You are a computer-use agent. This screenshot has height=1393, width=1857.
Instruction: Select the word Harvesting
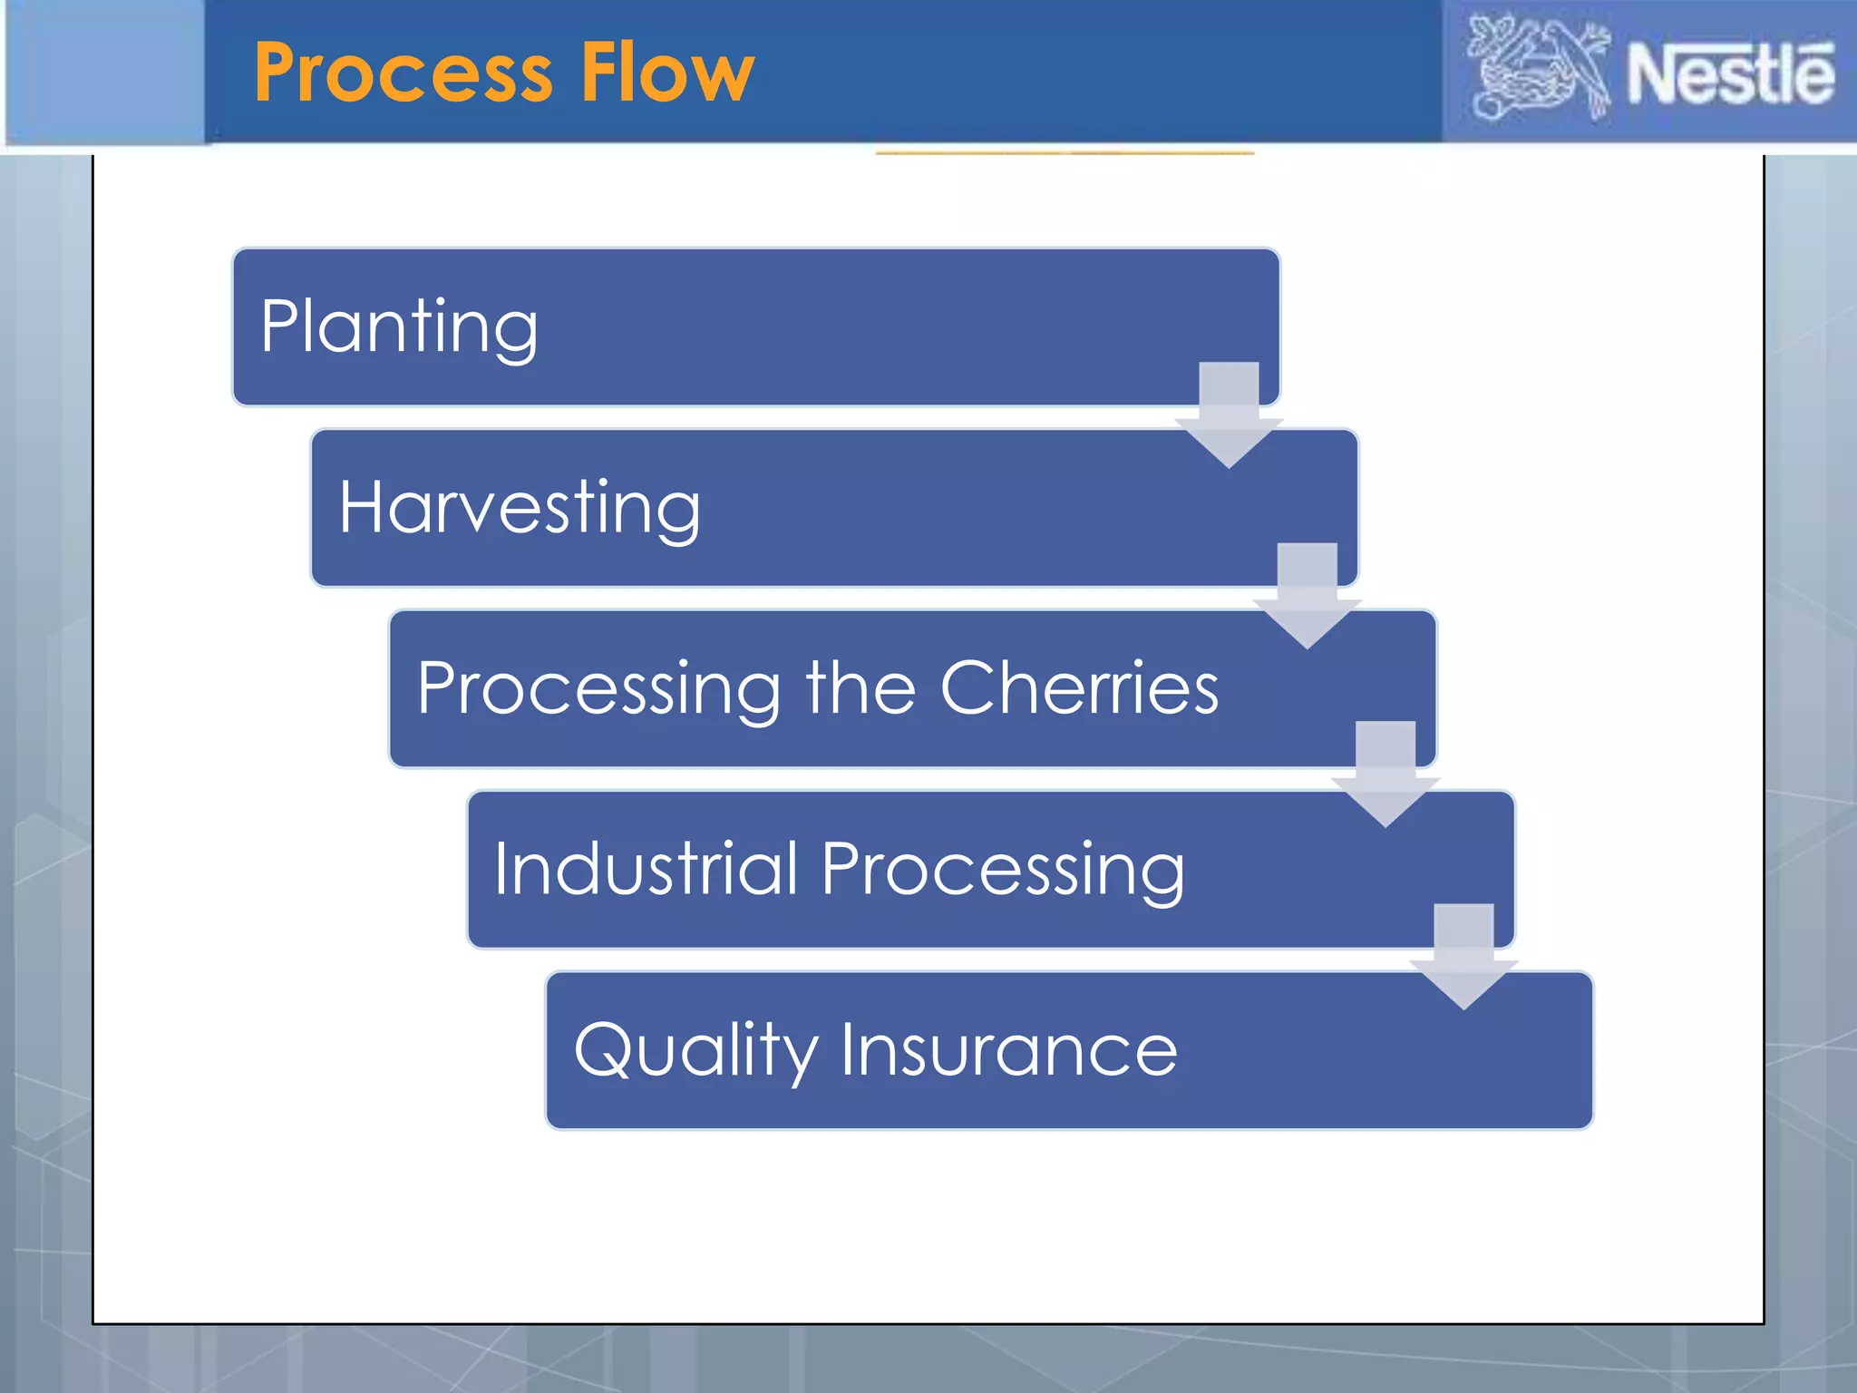pos(519,507)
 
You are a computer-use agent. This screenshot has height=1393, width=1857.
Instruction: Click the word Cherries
pos(1079,687)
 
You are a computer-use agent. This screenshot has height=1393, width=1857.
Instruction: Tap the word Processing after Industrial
pos(1003,870)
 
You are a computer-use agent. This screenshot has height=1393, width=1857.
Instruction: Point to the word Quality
pos(695,1050)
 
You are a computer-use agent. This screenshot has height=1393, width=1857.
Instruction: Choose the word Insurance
pos(1008,1049)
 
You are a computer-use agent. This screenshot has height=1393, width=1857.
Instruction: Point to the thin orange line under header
pos(1065,153)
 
